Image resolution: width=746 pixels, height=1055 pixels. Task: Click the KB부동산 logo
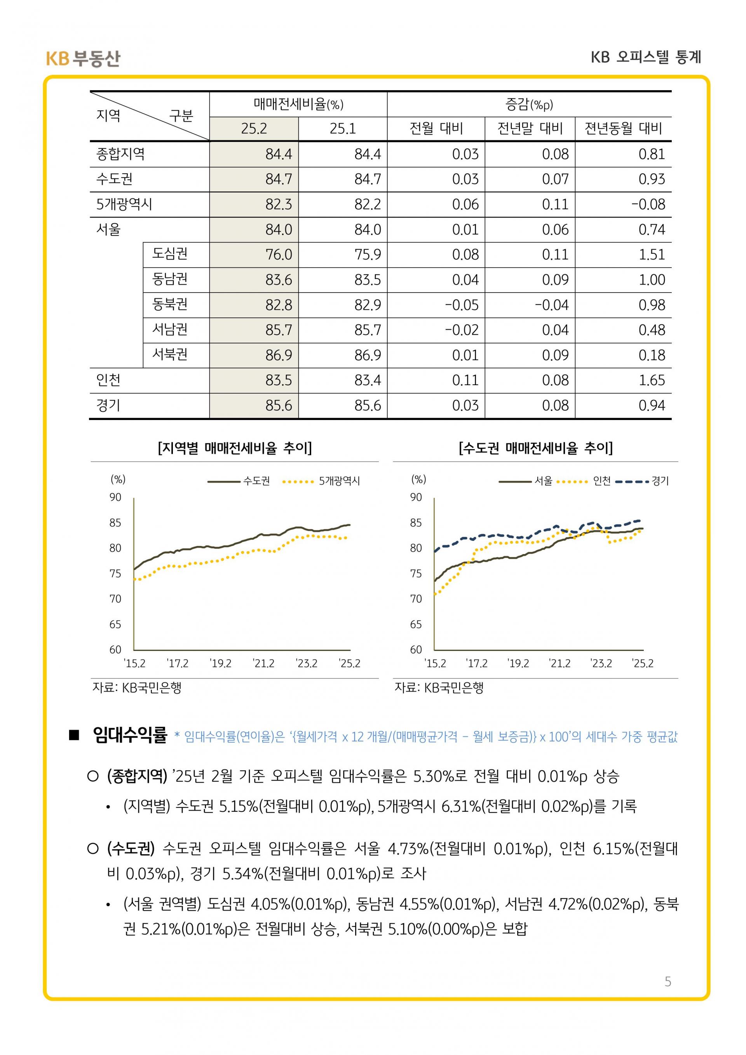tap(83, 58)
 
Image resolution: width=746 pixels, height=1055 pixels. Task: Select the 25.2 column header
tap(254, 129)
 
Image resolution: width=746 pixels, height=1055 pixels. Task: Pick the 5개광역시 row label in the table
tap(124, 204)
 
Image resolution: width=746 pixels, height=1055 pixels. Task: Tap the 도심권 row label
tap(170, 254)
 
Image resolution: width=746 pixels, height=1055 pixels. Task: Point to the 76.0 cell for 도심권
tap(278, 255)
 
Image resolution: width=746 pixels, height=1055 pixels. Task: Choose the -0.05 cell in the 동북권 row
tap(462, 305)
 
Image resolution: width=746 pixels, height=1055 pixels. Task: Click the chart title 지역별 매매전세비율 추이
tap(234, 448)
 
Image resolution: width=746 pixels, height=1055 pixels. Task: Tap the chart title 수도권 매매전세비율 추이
tap(536, 448)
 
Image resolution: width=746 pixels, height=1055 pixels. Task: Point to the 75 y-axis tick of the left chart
tap(115, 574)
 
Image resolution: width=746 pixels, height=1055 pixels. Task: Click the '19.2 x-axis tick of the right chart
tap(518, 664)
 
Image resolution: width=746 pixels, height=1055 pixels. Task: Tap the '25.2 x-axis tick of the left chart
tap(350, 664)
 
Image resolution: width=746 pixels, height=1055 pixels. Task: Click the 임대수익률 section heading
tap(130, 736)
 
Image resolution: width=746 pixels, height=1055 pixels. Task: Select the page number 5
tap(668, 982)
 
